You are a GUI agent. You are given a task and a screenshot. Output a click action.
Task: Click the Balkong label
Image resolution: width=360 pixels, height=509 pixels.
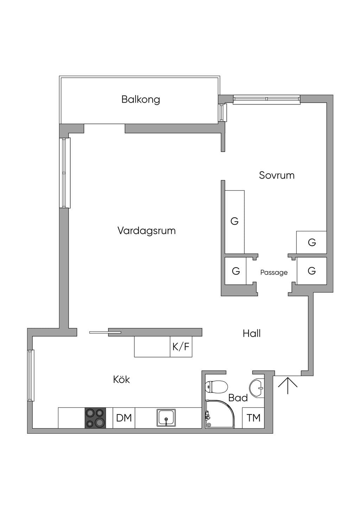pyautogui.click(x=141, y=99)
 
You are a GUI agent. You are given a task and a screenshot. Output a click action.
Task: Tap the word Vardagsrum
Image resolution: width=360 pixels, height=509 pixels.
pyautogui.click(x=147, y=231)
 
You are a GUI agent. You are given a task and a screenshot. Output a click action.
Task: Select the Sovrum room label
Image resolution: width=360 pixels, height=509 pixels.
pyautogui.click(x=277, y=175)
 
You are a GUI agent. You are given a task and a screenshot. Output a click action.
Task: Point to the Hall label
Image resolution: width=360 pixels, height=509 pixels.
pyautogui.click(x=252, y=334)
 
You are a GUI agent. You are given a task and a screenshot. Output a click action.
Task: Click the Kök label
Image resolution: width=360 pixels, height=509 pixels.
pyautogui.click(x=121, y=379)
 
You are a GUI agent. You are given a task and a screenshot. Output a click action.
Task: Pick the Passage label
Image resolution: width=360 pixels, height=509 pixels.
pyautogui.click(x=274, y=272)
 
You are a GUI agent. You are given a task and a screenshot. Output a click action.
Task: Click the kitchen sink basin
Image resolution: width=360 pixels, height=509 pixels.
pyautogui.click(x=166, y=418)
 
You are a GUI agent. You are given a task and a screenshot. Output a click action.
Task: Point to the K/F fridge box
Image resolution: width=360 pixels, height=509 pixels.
pyautogui.click(x=181, y=347)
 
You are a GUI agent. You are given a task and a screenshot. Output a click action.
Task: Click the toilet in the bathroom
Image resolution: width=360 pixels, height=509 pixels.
pyautogui.click(x=216, y=387)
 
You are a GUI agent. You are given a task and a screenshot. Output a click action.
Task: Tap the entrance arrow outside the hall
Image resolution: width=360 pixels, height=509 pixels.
pyautogui.click(x=288, y=385)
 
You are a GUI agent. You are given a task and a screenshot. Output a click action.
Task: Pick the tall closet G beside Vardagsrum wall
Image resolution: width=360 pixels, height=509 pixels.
pyautogui.click(x=234, y=222)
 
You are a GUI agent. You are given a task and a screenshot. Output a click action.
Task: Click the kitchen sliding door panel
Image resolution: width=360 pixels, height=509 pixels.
pyautogui.click(x=105, y=333)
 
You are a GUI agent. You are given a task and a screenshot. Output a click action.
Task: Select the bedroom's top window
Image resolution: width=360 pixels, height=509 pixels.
pyautogui.click(x=267, y=99)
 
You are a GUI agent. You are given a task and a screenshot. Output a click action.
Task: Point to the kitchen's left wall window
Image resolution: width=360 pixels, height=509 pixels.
pyautogui.click(x=31, y=375)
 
